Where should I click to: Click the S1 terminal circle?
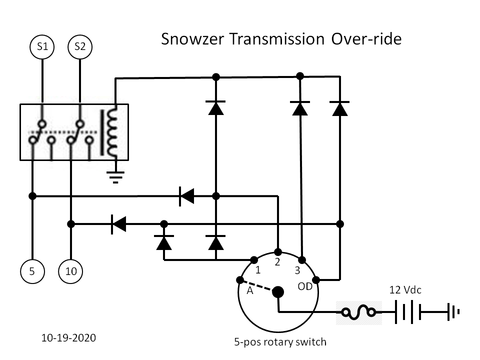[x=42, y=47]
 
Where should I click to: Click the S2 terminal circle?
[x=80, y=47]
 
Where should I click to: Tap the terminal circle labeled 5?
[x=32, y=272]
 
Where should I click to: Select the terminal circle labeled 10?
[x=71, y=272]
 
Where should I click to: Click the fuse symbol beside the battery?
[x=358, y=313]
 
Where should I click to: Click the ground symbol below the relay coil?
[x=115, y=176]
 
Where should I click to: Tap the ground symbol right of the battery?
[x=453, y=313]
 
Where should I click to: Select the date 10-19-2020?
[x=68, y=338]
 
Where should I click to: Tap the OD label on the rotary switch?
[x=305, y=287]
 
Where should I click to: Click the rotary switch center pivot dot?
[x=278, y=292]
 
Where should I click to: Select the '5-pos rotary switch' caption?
[x=280, y=342]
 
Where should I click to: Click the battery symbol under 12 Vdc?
[x=408, y=313]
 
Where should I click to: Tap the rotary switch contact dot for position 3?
[x=302, y=260]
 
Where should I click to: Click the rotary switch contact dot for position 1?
[x=254, y=259]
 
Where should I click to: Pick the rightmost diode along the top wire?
[x=339, y=108]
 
